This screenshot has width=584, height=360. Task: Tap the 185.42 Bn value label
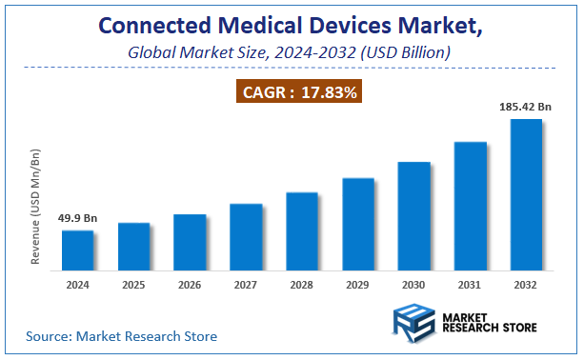(526, 107)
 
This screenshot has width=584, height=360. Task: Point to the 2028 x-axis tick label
(302, 284)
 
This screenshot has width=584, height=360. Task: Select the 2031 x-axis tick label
(471, 284)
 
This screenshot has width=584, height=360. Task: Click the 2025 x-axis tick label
(134, 284)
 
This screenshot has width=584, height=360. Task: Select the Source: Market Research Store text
(121, 336)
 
